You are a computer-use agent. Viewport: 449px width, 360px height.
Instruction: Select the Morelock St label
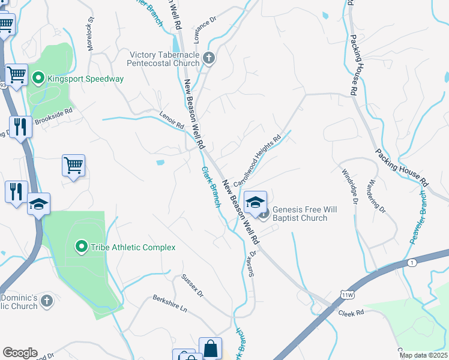[x=91, y=37]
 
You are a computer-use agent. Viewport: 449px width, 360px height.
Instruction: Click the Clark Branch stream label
[x=210, y=187]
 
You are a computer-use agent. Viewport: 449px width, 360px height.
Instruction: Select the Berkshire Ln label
[x=170, y=304]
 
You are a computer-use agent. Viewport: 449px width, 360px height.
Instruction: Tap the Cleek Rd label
[x=351, y=313]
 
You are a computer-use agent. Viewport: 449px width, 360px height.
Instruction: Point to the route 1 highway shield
[x=412, y=263]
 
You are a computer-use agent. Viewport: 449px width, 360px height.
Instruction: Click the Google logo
[x=20, y=353]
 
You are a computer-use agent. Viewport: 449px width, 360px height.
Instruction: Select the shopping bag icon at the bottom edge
[x=211, y=348]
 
